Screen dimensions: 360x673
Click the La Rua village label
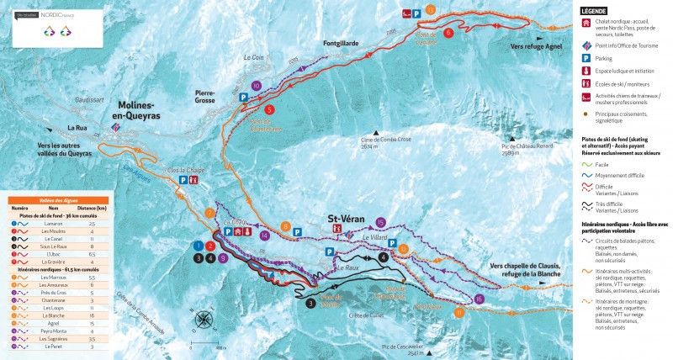78,128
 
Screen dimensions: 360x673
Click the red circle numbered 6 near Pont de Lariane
448,33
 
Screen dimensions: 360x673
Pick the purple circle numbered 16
479,299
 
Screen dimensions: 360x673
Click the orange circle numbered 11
458,312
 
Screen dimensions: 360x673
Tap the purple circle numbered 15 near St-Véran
381,222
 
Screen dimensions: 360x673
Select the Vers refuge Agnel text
536,47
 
